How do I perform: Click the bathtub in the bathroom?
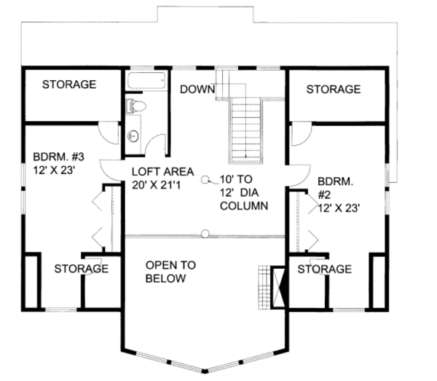click(146, 81)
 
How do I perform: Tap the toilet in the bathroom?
click(135, 106)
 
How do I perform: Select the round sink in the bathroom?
click(133, 136)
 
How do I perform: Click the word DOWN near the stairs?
click(197, 89)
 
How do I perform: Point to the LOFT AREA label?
click(162, 172)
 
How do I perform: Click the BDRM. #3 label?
click(58, 157)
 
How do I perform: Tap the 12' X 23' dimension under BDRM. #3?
click(55, 170)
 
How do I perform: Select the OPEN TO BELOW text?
click(170, 272)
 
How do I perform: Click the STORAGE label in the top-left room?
click(69, 85)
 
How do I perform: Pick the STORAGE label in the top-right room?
click(334, 89)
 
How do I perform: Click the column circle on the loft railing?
click(205, 233)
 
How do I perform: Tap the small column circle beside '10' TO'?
click(205, 180)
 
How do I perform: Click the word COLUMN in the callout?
click(244, 206)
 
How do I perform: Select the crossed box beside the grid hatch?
click(278, 287)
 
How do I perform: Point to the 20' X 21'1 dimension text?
click(156, 185)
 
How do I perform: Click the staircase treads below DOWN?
click(246, 131)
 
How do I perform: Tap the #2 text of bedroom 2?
click(324, 195)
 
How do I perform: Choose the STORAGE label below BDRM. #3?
click(82, 269)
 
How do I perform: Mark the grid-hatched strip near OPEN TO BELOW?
click(264, 287)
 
